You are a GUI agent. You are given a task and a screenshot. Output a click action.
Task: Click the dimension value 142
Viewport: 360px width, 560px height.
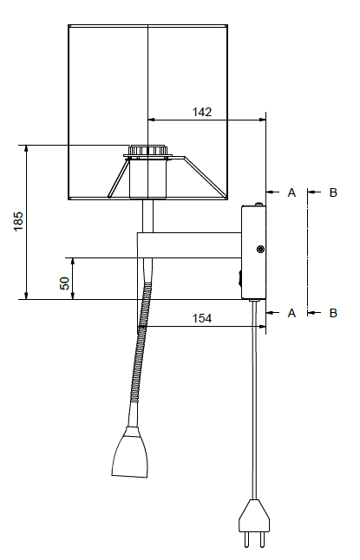coord(202,112)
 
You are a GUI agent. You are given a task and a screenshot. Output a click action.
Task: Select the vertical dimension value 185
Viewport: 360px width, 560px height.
coord(18,222)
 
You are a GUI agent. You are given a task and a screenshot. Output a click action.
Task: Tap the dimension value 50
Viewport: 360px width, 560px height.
coord(64,283)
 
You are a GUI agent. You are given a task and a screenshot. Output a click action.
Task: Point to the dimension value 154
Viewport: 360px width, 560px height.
coord(201,318)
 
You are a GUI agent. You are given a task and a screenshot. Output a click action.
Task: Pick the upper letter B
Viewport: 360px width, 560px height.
coord(333,192)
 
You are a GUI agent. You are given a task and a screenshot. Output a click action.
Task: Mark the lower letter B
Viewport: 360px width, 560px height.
coord(333,312)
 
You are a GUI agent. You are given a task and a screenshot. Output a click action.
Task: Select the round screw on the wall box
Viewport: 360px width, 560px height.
coord(260,250)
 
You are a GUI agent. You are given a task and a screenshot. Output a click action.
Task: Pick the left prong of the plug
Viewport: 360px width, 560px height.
coord(246,539)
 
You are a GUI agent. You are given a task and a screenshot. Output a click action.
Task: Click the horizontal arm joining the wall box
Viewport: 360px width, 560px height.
coord(191,244)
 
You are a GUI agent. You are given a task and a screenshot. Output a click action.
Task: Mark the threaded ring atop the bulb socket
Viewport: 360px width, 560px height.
coord(147,153)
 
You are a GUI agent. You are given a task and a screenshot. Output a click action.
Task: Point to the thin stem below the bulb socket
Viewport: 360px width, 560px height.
coord(147,216)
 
